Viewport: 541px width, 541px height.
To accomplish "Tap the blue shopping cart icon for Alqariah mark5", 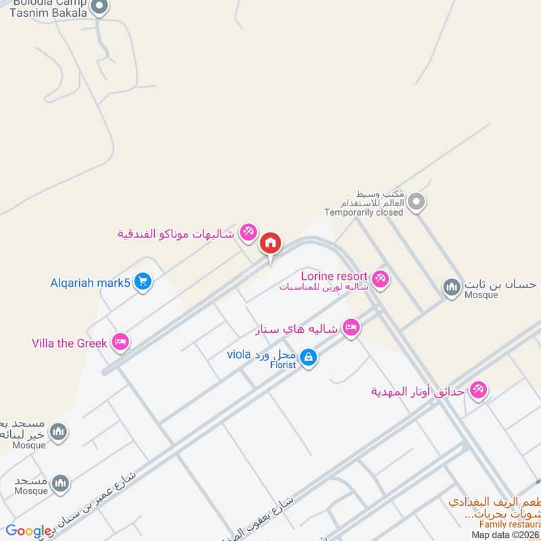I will pyautogui.click(x=142, y=281).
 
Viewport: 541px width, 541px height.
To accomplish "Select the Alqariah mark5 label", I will pyautogui.click(x=90, y=282).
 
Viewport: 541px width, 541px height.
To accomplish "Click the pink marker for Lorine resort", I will pyautogui.click(x=381, y=278).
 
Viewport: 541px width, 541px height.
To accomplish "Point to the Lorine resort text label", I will pyautogui.click(x=334, y=276).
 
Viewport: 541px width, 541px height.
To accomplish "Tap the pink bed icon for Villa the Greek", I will pyautogui.click(x=121, y=342).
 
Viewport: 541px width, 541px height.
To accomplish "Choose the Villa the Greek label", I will pyautogui.click(x=70, y=343).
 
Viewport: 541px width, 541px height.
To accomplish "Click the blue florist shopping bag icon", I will pyautogui.click(x=308, y=357).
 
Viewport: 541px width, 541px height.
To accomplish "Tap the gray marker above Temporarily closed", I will pyautogui.click(x=417, y=202).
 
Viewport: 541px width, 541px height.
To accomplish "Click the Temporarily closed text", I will pyautogui.click(x=364, y=212).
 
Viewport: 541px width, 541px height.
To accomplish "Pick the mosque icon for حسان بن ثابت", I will pyautogui.click(x=451, y=288).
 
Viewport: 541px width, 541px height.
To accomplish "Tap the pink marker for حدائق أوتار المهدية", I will pyautogui.click(x=479, y=390).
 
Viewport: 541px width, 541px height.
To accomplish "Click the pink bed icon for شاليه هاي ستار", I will pyautogui.click(x=350, y=329).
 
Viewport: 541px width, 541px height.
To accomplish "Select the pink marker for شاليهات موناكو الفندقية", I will pyautogui.click(x=248, y=233).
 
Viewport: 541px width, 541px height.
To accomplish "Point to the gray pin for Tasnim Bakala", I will pyautogui.click(x=99, y=8).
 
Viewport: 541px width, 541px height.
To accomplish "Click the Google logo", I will pyautogui.click(x=28, y=532).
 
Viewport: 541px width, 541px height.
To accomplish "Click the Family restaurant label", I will pyautogui.click(x=511, y=524).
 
